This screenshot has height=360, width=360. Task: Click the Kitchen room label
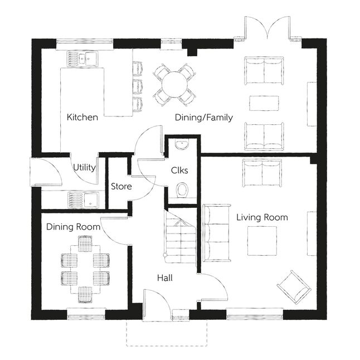tap(82, 118)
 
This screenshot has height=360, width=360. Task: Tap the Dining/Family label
tap(204, 118)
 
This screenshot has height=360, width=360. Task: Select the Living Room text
tap(262, 217)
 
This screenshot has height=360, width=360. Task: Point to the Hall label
tap(165, 278)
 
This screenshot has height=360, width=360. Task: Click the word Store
tap(121, 187)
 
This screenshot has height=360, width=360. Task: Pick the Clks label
tap(179, 171)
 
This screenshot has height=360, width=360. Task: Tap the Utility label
tap(84, 167)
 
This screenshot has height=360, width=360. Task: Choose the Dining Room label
tap(73, 227)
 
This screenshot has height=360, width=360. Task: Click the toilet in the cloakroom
tap(182, 191)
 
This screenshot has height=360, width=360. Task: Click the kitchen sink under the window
tap(82, 59)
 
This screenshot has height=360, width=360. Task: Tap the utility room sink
tap(83, 200)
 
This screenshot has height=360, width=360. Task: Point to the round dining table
tap(175, 85)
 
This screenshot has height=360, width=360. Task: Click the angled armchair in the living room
tap(294, 287)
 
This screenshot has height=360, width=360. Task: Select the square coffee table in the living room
tap(262, 241)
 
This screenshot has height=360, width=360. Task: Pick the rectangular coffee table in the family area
tap(264, 103)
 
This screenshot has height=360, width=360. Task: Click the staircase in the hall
tap(181, 239)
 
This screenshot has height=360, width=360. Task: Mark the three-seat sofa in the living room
tap(217, 233)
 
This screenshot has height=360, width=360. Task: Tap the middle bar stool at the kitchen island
tap(138, 86)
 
